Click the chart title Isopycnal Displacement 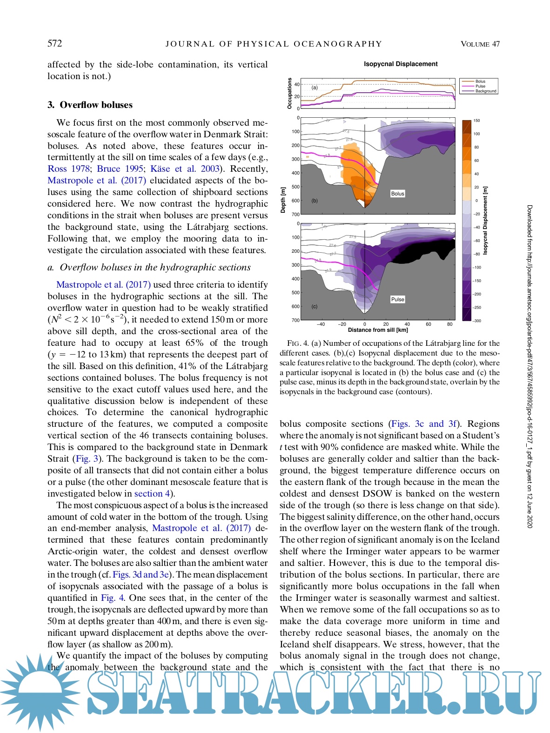(x=400, y=64)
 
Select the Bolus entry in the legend (x=480, y=81)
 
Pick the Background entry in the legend (x=486, y=91)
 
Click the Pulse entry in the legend (x=480, y=86)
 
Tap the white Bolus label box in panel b (x=397, y=194)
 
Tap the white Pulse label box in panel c (x=397, y=299)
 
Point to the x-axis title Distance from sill (x=378, y=330)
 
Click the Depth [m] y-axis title (x=283, y=200)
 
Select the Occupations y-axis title (x=289, y=93)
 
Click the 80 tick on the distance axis (x=449, y=324)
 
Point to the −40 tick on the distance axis (x=321, y=324)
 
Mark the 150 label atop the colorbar (x=476, y=121)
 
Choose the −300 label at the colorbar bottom (x=476, y=321)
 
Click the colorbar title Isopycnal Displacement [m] (x=485, y=220)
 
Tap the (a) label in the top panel (x=315, y=87)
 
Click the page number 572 (x=54, y=44)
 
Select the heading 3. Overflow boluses (x=90, y=105)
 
